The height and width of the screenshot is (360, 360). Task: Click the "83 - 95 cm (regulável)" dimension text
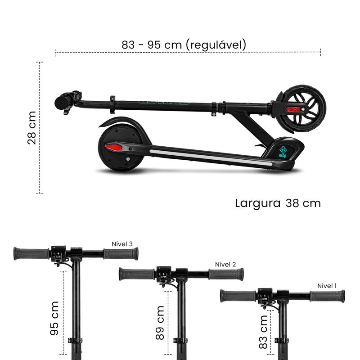[184, 45]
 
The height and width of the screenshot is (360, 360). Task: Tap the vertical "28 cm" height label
[32, 128]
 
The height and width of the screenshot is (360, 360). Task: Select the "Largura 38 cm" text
[278, 203]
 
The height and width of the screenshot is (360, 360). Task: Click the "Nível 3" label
[122, 244]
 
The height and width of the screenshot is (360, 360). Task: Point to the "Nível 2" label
[225, 265]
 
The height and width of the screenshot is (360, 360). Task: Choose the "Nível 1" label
[327, 286]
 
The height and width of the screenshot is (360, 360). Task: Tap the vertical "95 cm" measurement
[54, 318]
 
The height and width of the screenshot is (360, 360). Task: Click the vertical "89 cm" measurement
[160, 323]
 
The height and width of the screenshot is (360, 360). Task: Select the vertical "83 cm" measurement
[263, 332]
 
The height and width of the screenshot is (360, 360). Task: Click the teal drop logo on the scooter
[283, 152]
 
